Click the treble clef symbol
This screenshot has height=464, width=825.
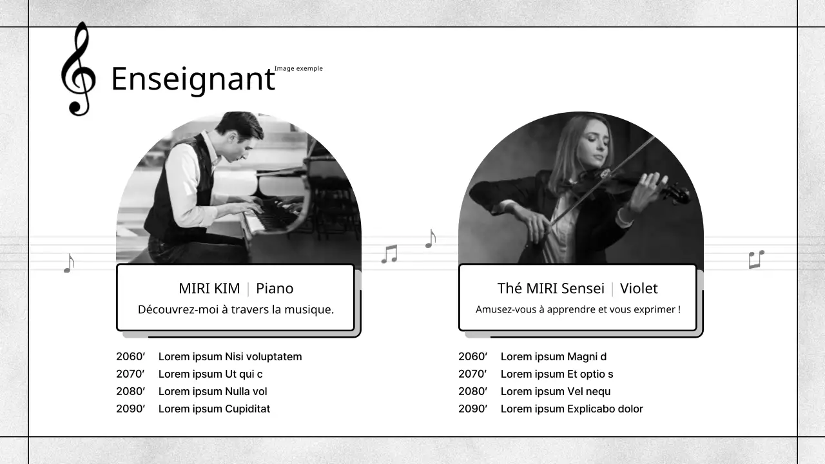click(x=78, y=70)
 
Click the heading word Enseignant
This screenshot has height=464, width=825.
click(x=193, y=79)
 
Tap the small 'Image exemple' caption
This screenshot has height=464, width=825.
click(x=298, y=68)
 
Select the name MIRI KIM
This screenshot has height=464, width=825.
click(x=209, y=288)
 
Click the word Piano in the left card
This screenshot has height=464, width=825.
click(x=275, y=288)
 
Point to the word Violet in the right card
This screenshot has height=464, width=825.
click(x=639, y=288)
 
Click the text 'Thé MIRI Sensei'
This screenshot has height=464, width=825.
click(x=550, y=288)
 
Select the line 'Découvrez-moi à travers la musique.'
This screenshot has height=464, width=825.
click(x=236, y=309)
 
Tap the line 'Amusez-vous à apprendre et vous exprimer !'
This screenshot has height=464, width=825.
click(x=577, y=309)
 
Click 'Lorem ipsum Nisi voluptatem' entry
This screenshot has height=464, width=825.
click(x=230, y=356)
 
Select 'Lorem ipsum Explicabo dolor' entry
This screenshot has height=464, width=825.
click(x=572, y=409)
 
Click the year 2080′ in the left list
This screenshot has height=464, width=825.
click(x=130, y=391)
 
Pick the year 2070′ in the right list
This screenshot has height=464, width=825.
click(x=472, y=374)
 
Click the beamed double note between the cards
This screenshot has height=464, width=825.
click(x=389, y=254)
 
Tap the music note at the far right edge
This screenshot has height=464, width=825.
click(x=756, y=259)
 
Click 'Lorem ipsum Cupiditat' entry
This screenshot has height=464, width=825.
click(x=214, y=409)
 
